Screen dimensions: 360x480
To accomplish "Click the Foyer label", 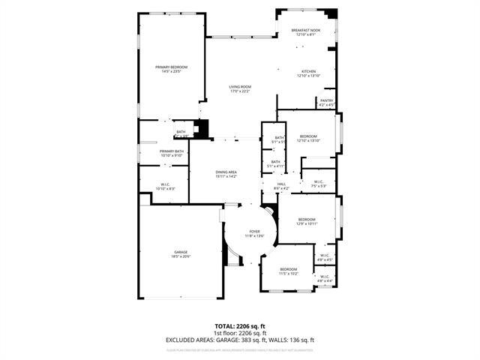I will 255,233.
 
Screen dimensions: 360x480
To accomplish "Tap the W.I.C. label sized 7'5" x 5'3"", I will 318,183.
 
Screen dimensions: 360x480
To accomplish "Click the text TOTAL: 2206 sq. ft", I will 239,326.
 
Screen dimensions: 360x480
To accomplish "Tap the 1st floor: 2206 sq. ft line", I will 239,333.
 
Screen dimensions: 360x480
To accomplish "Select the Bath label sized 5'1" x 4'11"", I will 275,163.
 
